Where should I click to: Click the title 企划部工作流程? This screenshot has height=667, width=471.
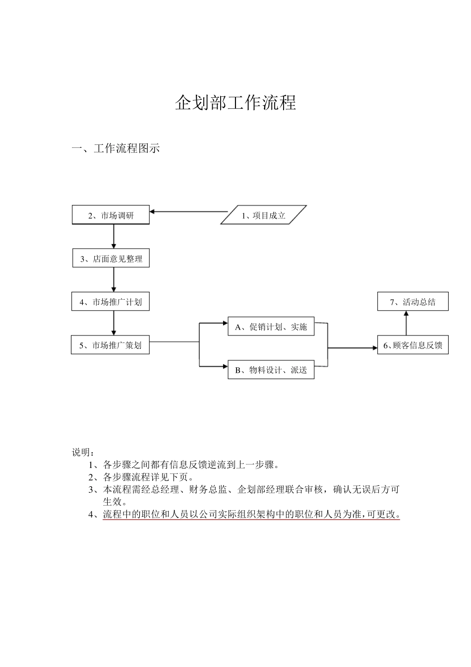(x=235, y=103)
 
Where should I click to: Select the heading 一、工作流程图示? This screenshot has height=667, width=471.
(x=116, y=148)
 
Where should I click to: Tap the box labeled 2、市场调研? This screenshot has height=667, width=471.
(x=111, y=215)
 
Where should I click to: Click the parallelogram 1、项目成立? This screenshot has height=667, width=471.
(x=263, y=215)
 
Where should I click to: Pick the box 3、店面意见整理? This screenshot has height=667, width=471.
(x=111, y=259)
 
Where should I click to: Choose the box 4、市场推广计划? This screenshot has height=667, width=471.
(x=111, y=302)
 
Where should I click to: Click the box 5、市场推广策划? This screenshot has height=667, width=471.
(x=110, y=345)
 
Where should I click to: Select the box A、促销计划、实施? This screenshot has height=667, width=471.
(x=271, y=327)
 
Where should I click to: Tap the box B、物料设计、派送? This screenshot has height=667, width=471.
(x=271, y=370)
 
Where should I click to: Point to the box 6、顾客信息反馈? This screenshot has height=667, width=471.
(x=412, y=345)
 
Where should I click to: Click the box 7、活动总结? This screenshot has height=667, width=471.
(x=412, y=302)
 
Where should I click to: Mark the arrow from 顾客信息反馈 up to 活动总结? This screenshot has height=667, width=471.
(x=406, y=324)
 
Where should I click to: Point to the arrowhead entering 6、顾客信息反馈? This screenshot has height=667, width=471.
(x=375, y=348)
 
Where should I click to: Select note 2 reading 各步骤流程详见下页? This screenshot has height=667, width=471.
(x=144, y=477)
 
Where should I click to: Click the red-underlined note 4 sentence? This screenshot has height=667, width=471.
(x=251, y=515)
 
